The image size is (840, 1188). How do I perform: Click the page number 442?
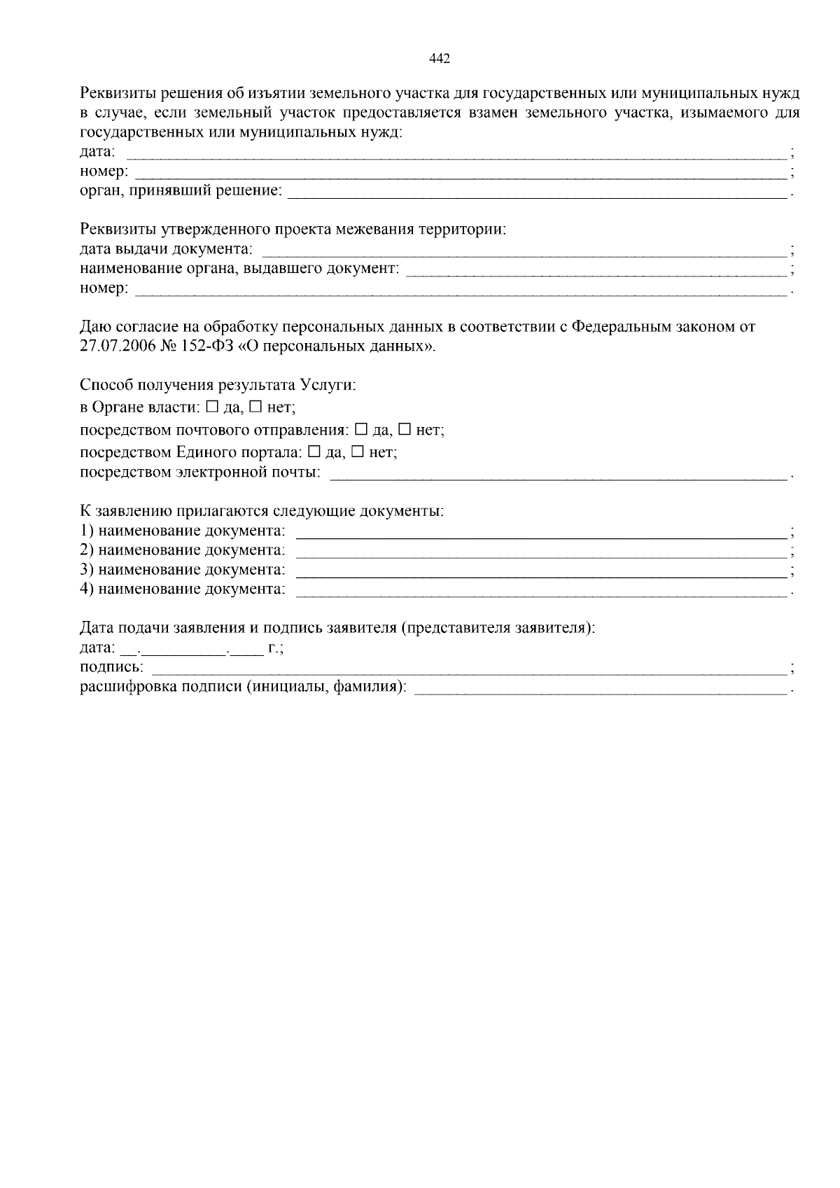pos(439,59)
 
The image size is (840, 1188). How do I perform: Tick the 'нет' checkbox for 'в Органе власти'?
pos(256,406)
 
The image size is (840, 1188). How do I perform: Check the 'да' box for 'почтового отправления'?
pos(361,429)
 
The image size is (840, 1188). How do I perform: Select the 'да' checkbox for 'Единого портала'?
pos(314,452)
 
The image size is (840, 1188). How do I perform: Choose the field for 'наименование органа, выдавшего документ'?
pos(596,270)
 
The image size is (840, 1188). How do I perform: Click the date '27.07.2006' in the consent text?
pos(113,346)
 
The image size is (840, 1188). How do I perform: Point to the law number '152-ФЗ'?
pos(193,346)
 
